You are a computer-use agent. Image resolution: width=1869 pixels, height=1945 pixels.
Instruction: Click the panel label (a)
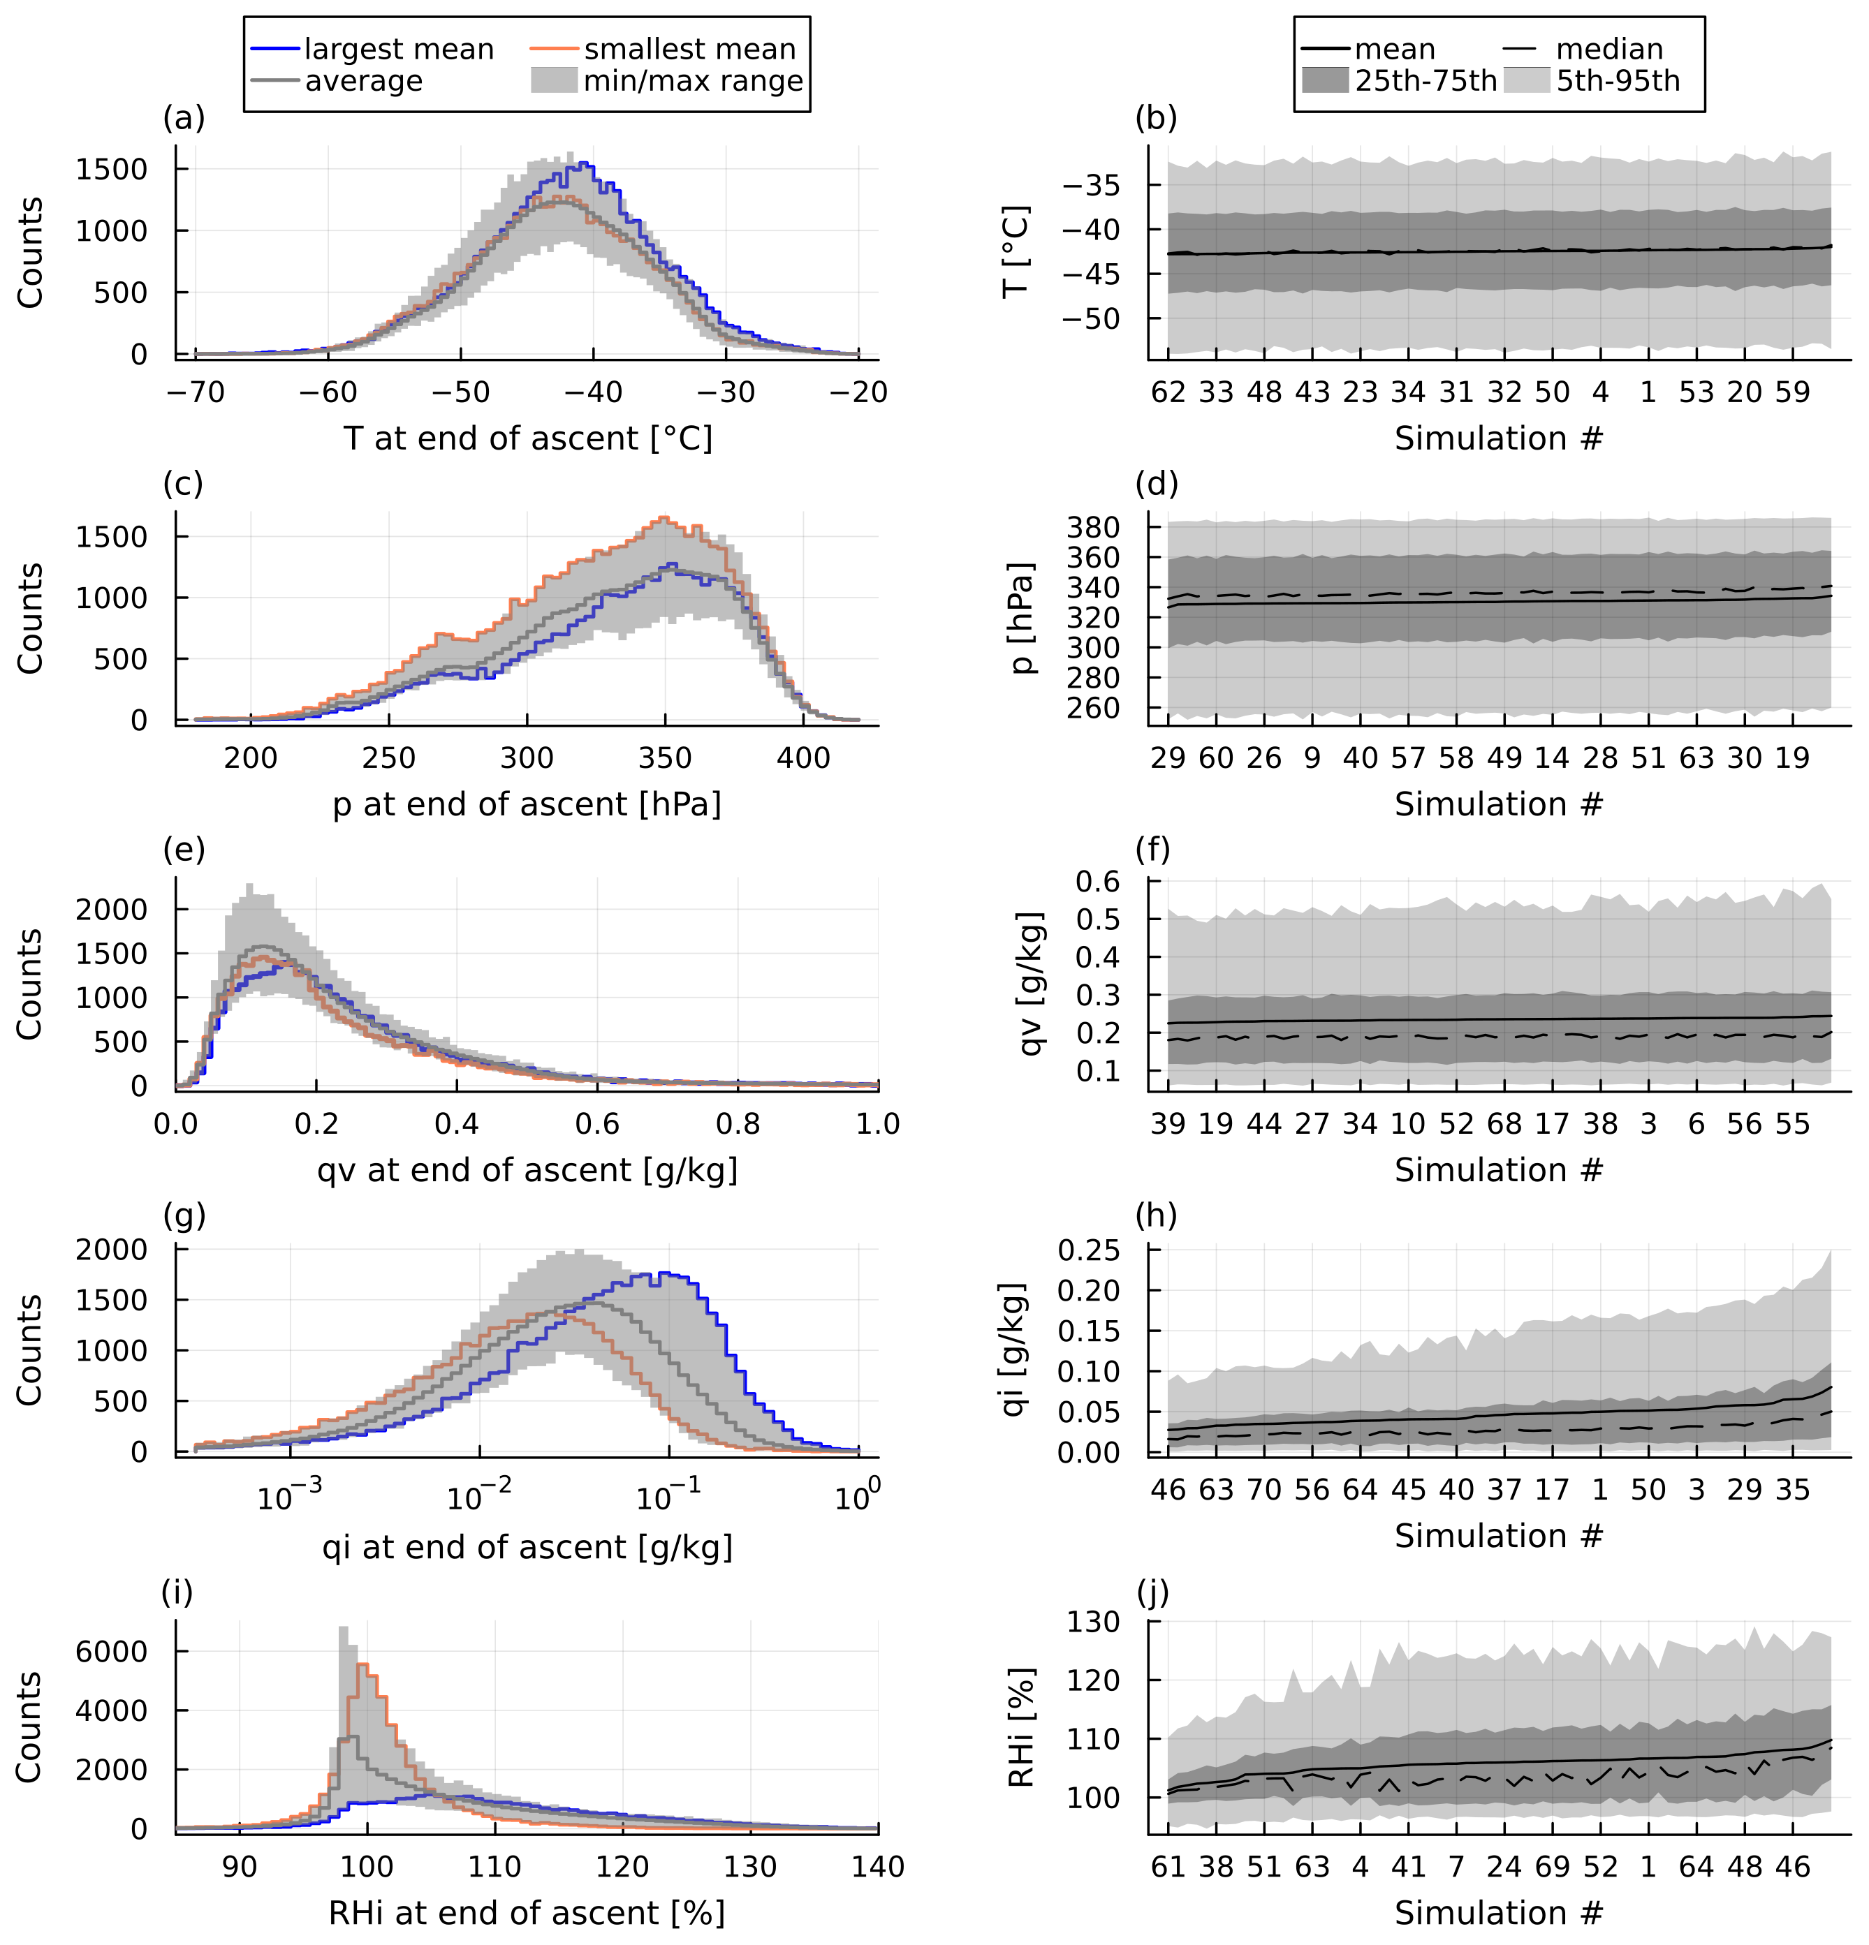(184, 118)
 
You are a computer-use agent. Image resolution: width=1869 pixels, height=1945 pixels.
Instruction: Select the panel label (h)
(1157, 1215)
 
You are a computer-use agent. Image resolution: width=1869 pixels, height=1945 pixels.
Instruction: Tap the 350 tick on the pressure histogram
(665, 759)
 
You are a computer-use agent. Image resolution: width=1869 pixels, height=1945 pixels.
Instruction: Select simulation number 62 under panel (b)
(1168, 393)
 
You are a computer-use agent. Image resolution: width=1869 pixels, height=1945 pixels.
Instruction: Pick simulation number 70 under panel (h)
(1265, 1491)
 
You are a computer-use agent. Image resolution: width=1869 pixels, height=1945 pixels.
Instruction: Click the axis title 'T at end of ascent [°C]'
(528, 438)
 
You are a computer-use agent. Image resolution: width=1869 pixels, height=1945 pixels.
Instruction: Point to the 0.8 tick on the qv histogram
(738, 1124)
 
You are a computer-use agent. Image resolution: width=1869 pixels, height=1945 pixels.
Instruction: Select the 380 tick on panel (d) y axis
(1093, 527)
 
